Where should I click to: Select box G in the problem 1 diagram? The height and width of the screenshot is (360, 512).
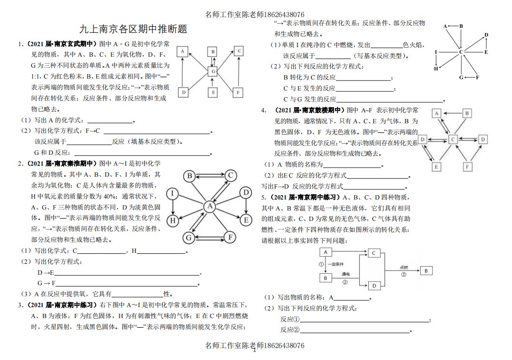(214, 71)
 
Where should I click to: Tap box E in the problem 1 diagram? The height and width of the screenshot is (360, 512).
(213, 92)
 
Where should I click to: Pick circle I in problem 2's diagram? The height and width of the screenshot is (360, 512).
(173, 193)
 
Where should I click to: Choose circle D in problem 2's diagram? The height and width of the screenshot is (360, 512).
(246, 192)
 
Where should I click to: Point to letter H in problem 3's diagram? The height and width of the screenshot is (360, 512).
(436, 69)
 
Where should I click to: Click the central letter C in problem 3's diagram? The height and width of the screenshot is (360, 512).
(461, 52)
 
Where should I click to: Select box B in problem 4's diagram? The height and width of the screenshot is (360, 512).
(467, 113)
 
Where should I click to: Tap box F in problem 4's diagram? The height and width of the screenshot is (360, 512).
(468, 166)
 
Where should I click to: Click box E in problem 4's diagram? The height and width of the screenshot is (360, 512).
(436, 166)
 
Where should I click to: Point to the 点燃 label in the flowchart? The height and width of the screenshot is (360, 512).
(404, 268)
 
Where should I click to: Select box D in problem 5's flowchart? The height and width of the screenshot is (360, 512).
(374, 285)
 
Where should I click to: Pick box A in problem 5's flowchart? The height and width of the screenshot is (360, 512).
(325, 252)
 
